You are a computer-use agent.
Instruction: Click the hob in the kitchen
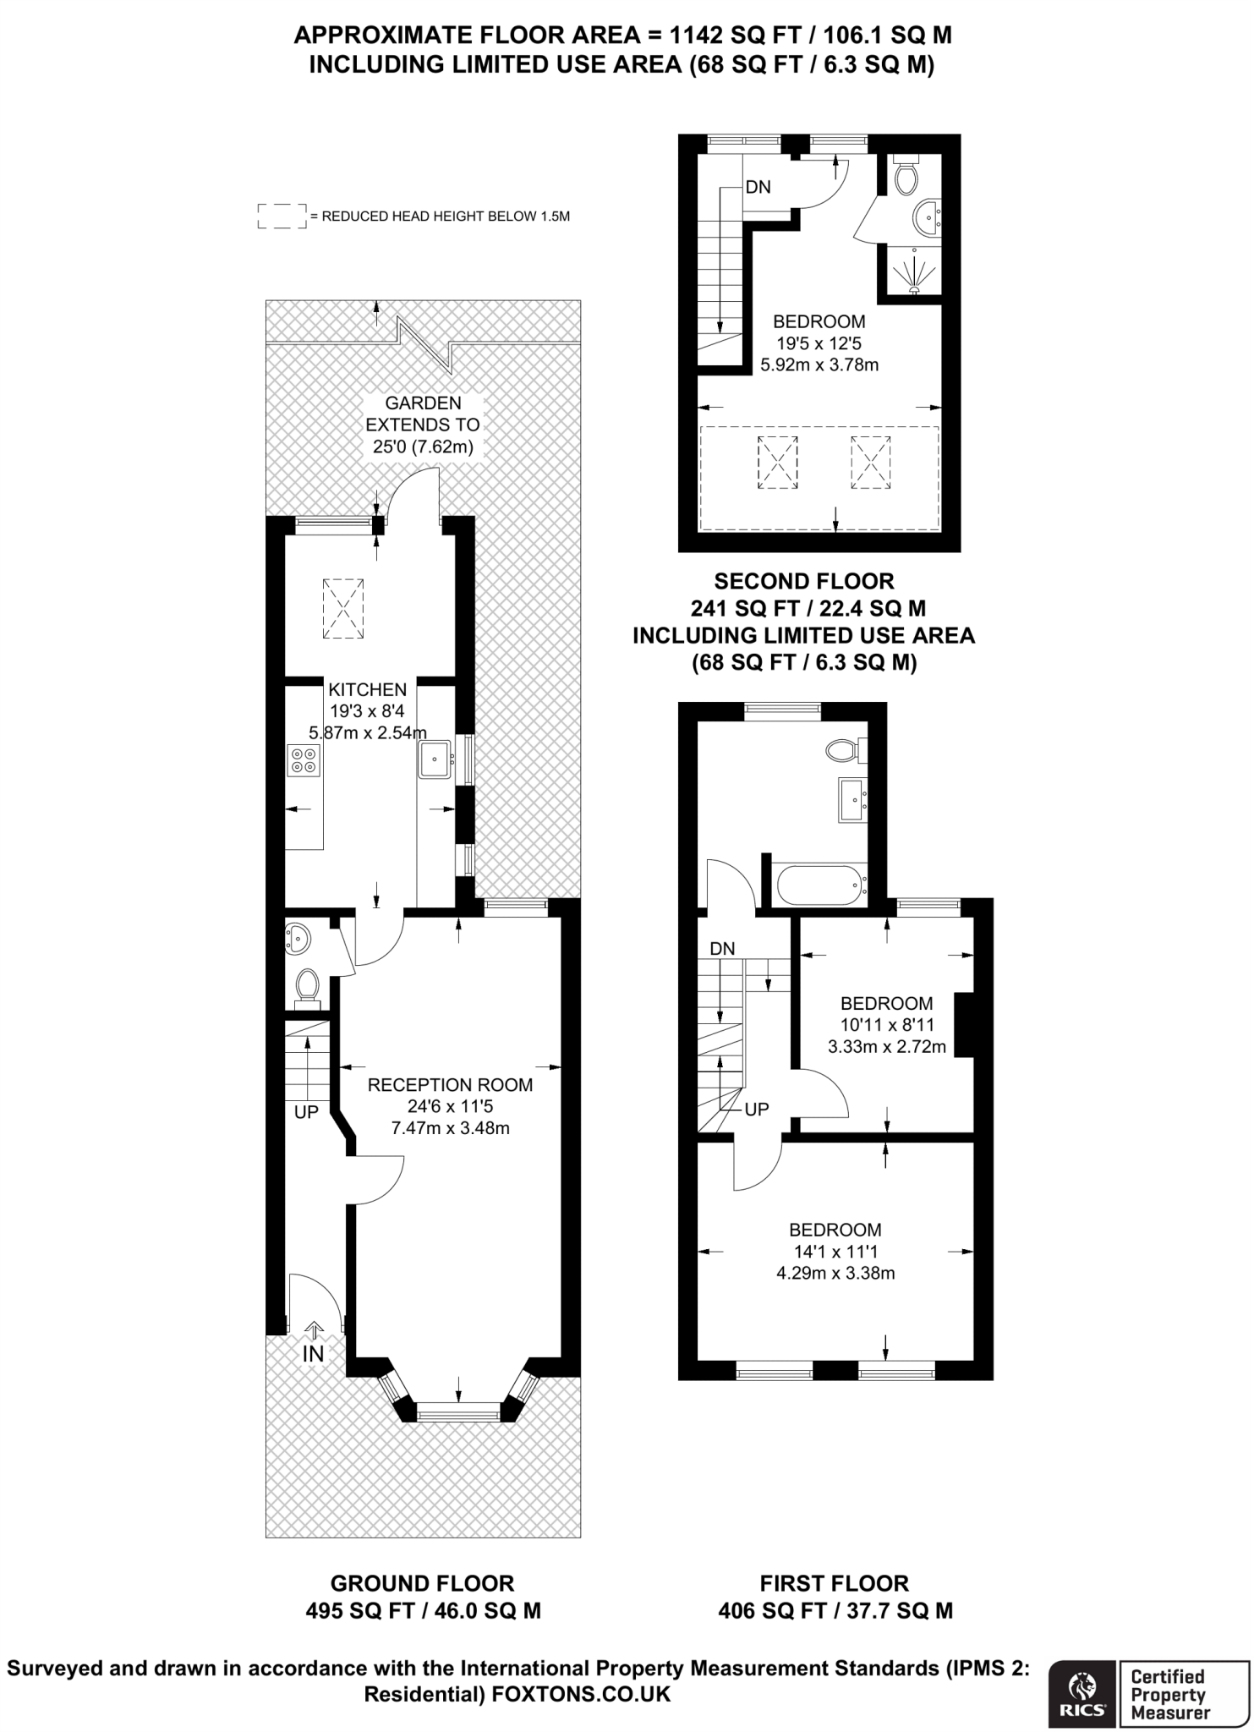tap(304, 759)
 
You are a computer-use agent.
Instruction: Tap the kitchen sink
tap(435, 759)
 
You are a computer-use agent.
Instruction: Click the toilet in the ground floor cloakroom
tap(307, 985)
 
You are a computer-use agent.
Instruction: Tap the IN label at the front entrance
tap(313, 1354)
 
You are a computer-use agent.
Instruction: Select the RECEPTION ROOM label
tap(450, 1084)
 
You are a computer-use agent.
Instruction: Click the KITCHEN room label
tap(368, 689)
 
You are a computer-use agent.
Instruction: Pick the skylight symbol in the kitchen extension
tap(343, 609)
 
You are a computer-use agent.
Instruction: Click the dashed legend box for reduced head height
tap(282, 216)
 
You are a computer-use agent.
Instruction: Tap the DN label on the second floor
tap(758, 187)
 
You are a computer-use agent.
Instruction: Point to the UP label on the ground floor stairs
tap(306, 1112)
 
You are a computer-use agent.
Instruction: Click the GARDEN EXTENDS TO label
tap(423, 414)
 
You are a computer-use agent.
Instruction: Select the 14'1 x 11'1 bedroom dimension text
tap(835, 1251)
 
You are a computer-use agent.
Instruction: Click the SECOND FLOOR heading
tap(804, 581)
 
